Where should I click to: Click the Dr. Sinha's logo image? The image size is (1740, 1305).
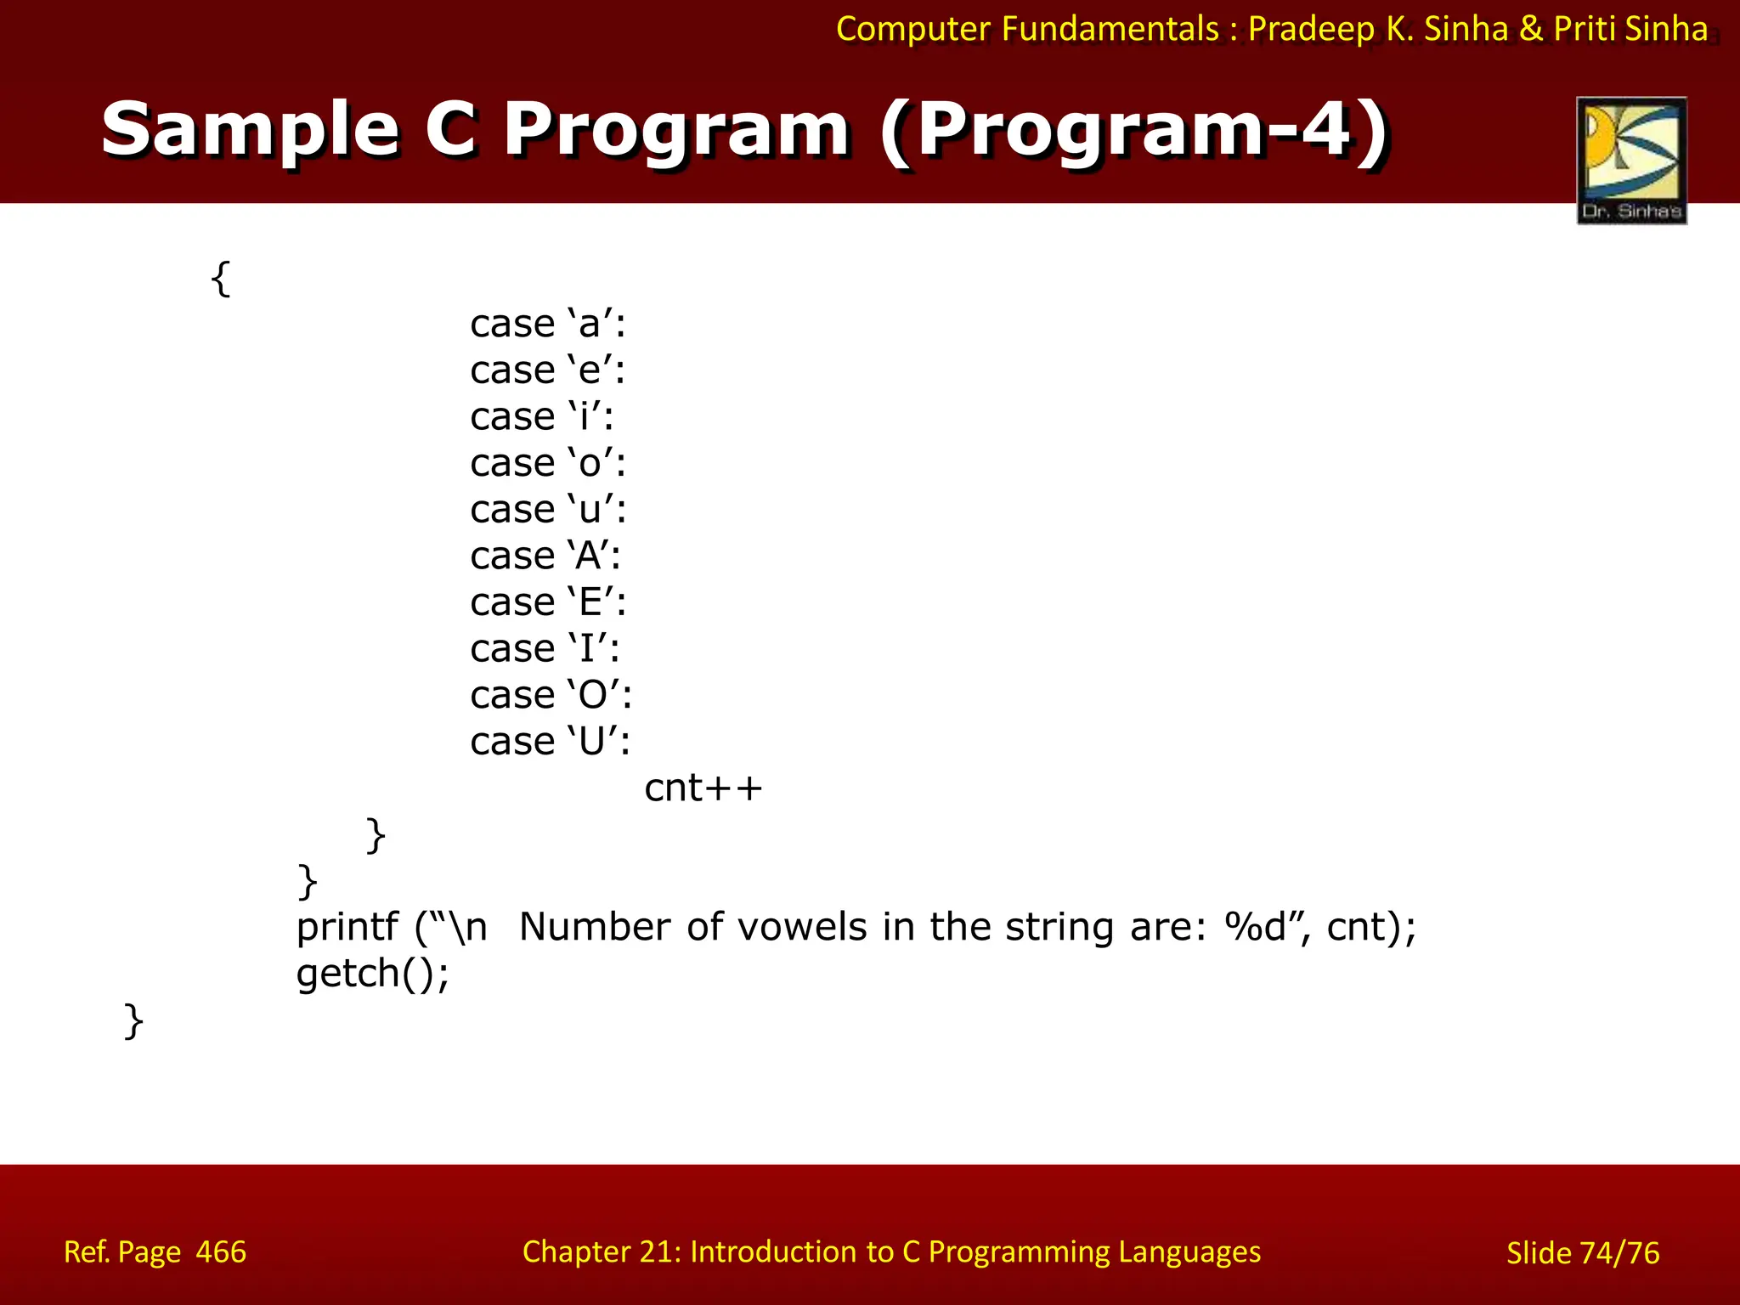pyautogui.click(x=1631, y=160)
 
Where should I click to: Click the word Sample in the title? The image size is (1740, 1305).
pyautogui.click(x=250, y=130)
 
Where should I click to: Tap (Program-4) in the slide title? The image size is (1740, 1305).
pyautogui.click(x=1134, y=130)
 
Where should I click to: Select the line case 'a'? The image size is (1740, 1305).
pyautogui.click(x=548, y=324)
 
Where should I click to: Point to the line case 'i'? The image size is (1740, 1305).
pyautogui.click(x=542, y=416)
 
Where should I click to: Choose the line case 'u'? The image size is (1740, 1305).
pyautogui.click(x=548, y=510)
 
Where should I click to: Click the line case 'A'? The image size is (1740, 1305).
pyautogui.click(x=545, y=556)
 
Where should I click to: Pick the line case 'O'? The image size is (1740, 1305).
pyautogui.click(x=551, y=695)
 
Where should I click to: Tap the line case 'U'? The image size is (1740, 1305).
pyautogui.click(x=550, y=742)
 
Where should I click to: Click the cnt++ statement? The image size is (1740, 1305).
pyautogui.click(x=703, y=788)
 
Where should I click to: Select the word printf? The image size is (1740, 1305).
pyautogui.click(x=347, y=927)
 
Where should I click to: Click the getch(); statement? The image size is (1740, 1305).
pyautogui.click(x=372, y=974)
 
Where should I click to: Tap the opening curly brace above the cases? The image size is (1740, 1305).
pyautogui.click(x=220, y=278)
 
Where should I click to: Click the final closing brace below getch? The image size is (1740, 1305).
pyautogui.click(x=133, y=1020)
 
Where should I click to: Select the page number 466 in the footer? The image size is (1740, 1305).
pyautogui.click(x=221, y=1252)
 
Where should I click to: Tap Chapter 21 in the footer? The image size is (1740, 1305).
pyautogui.click(x=595, y=1252)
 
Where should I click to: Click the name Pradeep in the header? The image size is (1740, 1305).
pyautogui.click(x=1311, y=29)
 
